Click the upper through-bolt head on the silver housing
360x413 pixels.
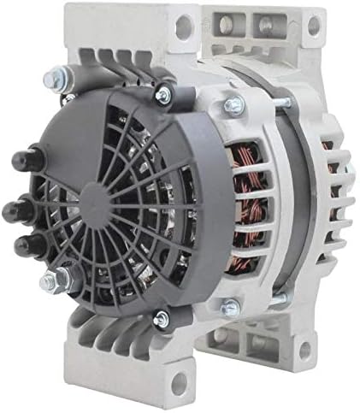[x=232, y=106]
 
